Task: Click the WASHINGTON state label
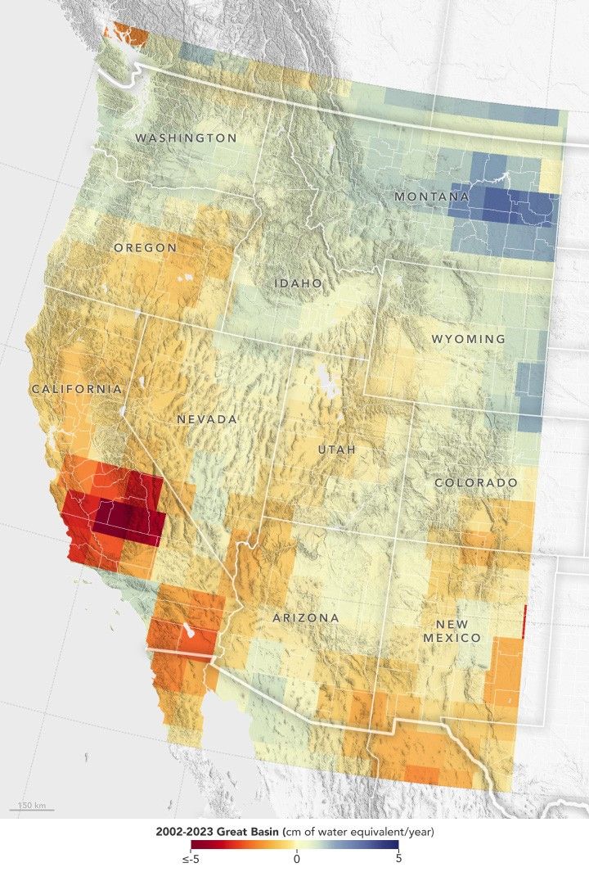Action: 186,138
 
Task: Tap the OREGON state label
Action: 145,247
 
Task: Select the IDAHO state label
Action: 298,282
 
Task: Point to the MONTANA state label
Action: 431,197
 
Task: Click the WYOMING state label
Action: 468,339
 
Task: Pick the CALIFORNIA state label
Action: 77,389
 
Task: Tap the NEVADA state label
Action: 207,419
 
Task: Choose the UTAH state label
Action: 337,450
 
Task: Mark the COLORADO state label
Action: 475,483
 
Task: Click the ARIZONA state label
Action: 305,617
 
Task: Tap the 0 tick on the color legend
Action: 295,859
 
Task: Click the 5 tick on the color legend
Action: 398,859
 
